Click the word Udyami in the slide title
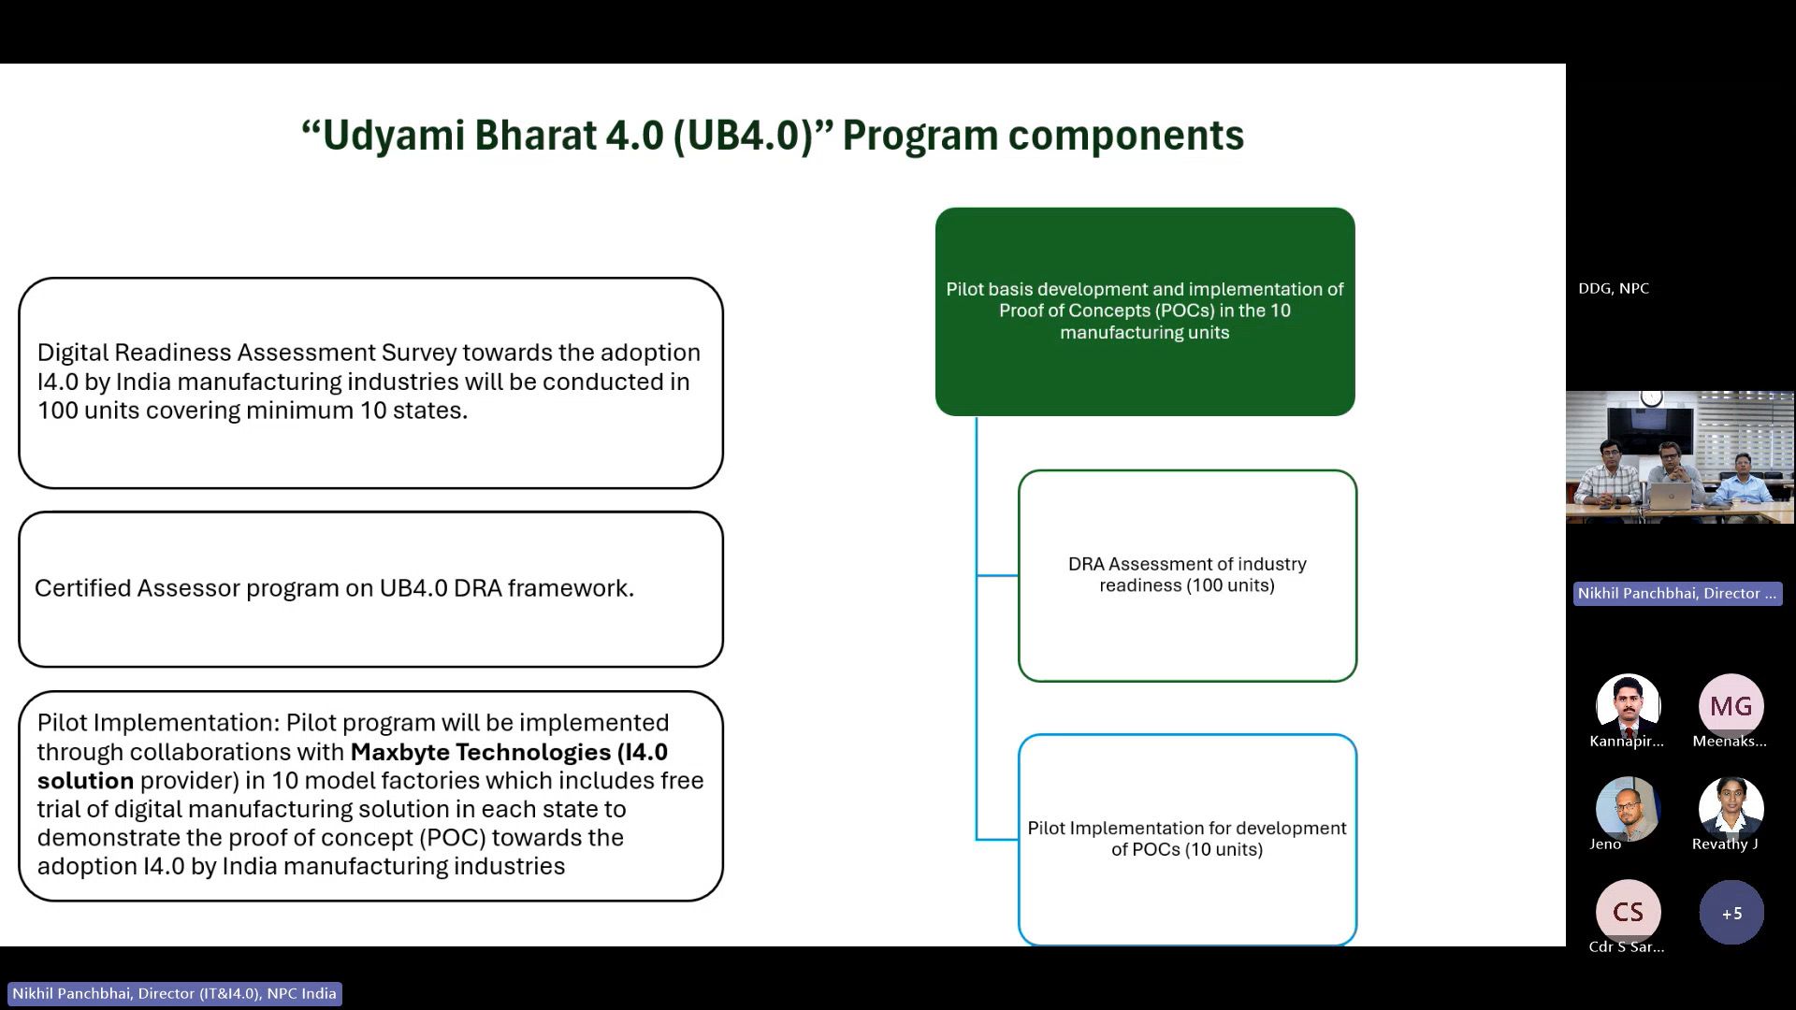394,136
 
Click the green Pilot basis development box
1144,311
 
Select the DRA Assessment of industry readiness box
1187,575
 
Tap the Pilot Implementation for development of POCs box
1187,839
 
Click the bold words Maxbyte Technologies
481,752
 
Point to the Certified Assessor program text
334,588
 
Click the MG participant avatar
1731,706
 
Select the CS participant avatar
1628,912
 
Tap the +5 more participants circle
1731,913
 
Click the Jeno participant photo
1628,808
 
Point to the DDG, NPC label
1614,289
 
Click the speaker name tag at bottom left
174,993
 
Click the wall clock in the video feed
1652,397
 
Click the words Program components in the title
1043,136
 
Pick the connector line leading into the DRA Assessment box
997,575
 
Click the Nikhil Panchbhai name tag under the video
1676,594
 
